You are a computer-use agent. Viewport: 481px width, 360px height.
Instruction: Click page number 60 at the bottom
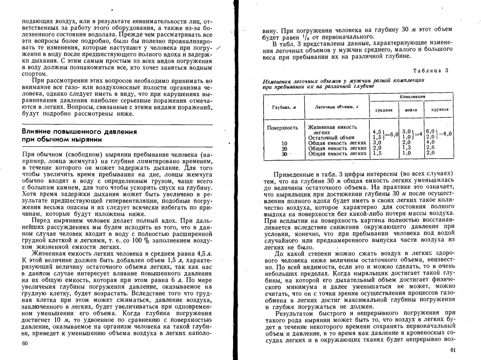(25, 343)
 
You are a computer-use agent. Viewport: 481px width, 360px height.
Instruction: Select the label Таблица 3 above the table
(431, 70)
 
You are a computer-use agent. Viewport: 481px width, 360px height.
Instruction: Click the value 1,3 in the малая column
(407, 148)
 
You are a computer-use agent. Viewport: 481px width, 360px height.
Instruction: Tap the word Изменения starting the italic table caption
(277, 82)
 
